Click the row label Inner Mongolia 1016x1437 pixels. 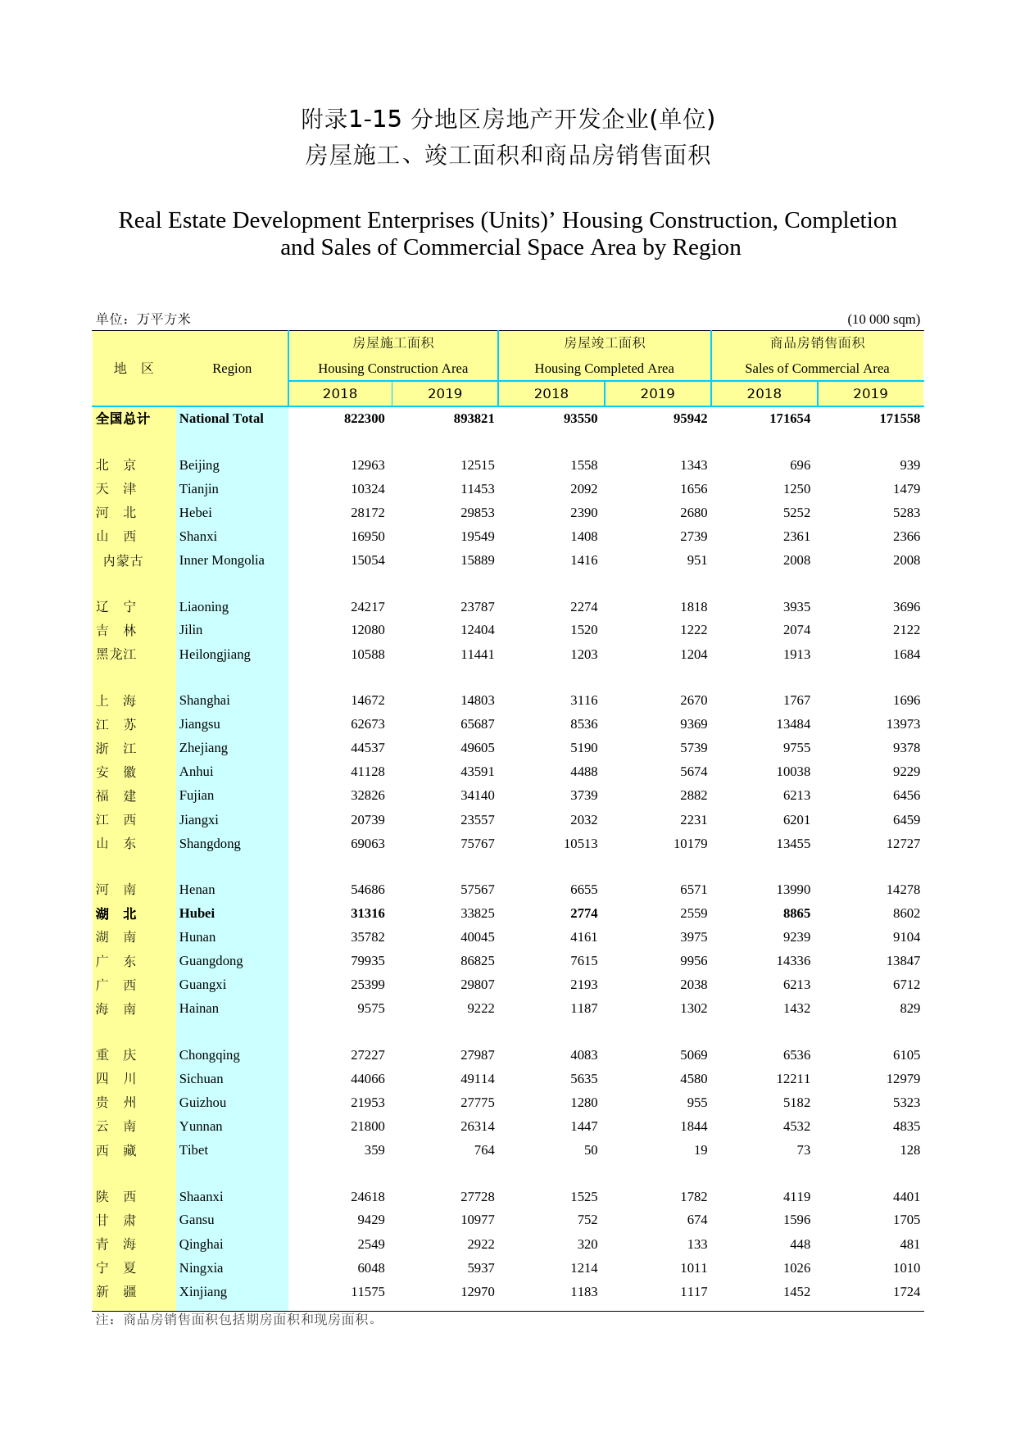(221, 560)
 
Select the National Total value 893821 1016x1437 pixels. (474, 419)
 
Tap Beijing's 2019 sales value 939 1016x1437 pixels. (909, 465)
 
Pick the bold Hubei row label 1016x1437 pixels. (197, 913)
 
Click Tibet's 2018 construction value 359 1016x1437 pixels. (374, 1150)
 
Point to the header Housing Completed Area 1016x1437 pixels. (604, 369)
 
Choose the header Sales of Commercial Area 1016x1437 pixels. (816, 369)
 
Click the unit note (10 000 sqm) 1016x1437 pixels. (883, 320)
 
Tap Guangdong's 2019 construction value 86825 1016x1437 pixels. (477, 961)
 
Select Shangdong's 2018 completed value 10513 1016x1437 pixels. (580, 844)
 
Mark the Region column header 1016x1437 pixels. (232, 369)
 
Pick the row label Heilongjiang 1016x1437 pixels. (215, 655)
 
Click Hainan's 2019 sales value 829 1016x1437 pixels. (909, 1009)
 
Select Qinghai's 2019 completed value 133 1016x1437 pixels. (696, 1244)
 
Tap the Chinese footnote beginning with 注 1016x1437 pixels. (238, 1320)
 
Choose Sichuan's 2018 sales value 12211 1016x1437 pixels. (793, 1079)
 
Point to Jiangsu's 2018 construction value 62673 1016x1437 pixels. (367, 724)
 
